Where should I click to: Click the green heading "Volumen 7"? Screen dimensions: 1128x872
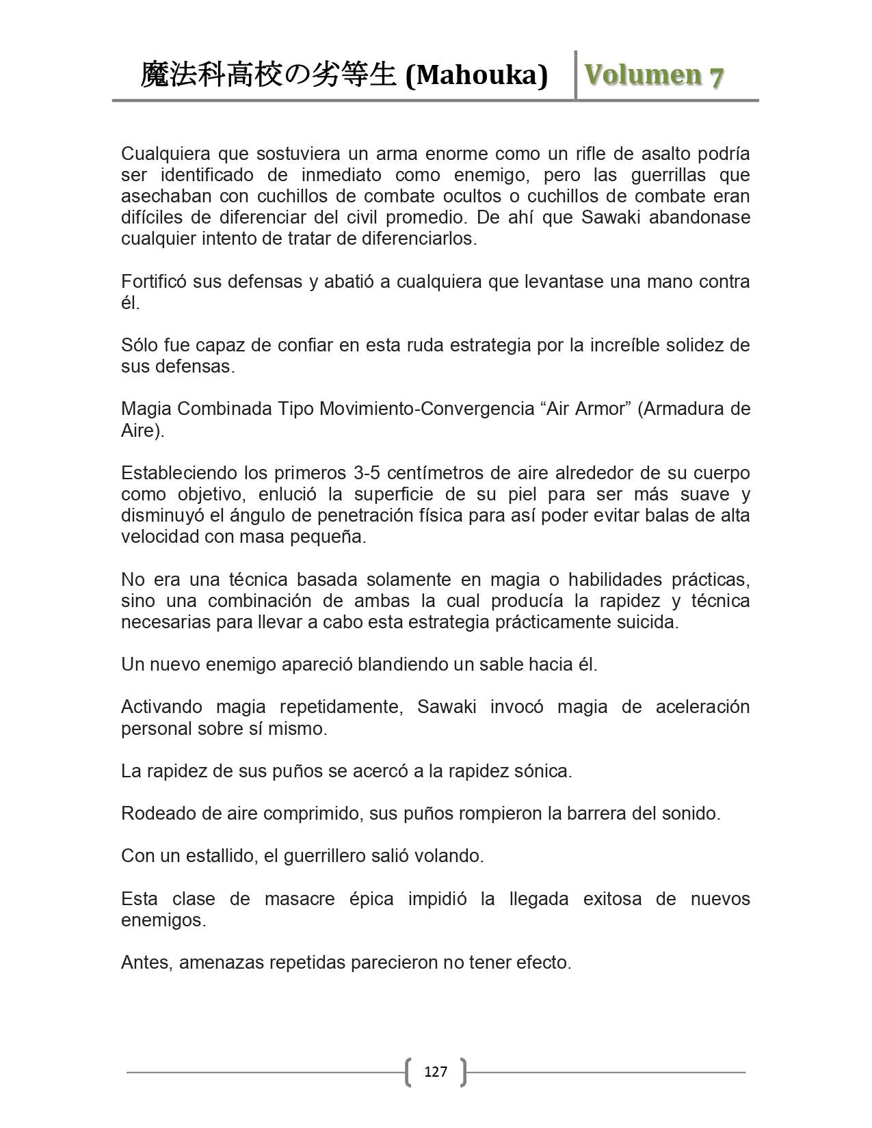point(654,75)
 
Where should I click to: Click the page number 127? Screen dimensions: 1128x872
point(436,1071)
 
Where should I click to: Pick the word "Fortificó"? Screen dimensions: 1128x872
point(153,282)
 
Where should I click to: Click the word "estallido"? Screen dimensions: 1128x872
point(215,856)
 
